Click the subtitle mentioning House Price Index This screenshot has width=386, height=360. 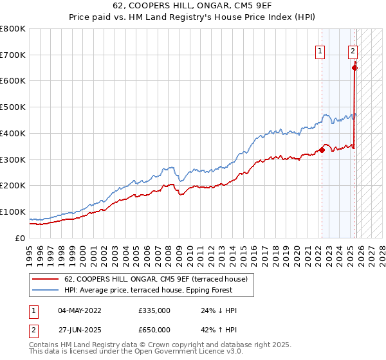point(192,18)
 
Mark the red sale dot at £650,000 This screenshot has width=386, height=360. point(354,67)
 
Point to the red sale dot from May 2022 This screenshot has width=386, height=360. point(322,150)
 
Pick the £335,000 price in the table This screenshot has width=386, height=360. point(154,310)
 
